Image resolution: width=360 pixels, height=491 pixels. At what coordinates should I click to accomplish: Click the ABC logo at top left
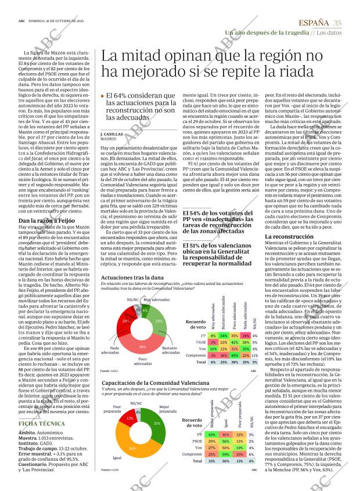pyautogui.click(x=21, y=23)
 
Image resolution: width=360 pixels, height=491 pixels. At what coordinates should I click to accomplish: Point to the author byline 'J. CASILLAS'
pyautogui.click(x=112, y=150)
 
